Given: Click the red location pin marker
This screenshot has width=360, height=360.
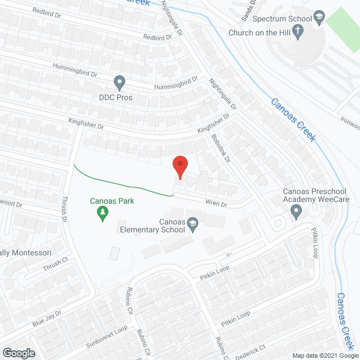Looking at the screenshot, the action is tap(180, 167).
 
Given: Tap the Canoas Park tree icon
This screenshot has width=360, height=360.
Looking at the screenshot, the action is tap(102, 213).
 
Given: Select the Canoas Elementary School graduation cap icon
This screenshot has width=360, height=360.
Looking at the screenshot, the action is tap(193, 224).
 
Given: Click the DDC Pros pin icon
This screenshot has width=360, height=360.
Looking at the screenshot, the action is tap(119, 83).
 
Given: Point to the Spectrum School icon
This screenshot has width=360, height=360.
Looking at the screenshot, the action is tap(319, 18).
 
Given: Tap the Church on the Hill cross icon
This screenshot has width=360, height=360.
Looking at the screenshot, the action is tap(299, 33).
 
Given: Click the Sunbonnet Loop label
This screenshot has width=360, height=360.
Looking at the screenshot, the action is tap(106, 334).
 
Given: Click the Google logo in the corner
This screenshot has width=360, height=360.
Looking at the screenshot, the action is tap(18, 353).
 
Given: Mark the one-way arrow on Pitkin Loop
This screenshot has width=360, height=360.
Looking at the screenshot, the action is tap(227, 254).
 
